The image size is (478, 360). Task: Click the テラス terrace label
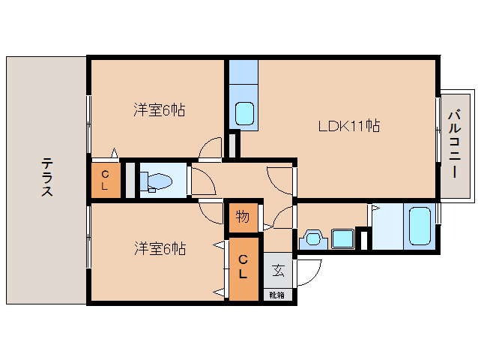pyautogui.click(x=47, y=177)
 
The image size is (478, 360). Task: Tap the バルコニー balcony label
pyautogui.click(x=454, y=144)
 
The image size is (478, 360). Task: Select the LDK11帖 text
pyautogui.click(x=349, y=126)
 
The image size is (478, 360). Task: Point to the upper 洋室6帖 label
pyautogui.click(x=159, y=109)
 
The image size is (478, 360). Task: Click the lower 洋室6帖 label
pyautogui.click(x=160, y=249)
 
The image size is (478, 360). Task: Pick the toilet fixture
pyautogui.click(x=156, y=182)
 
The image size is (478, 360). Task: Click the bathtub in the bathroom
pyautogui.click(x=420, y=226)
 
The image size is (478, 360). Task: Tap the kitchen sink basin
pyautogui.click(x=244, y=113)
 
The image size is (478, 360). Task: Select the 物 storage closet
pyautogui.click(x=243, y=217)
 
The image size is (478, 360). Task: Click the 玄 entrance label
pyautogui.click(x=278, y=270)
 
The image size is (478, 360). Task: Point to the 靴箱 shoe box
pyautogui.click(x=276, y=295)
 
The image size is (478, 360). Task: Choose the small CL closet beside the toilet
pyautogui.click(x=105, y=180)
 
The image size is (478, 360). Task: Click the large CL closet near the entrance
pyautogui.click(x=243, y=268)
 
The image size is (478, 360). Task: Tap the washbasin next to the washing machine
pyautogui.click(x=313, y=238)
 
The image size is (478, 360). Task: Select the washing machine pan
pyautogui.click(x=342, y=239)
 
